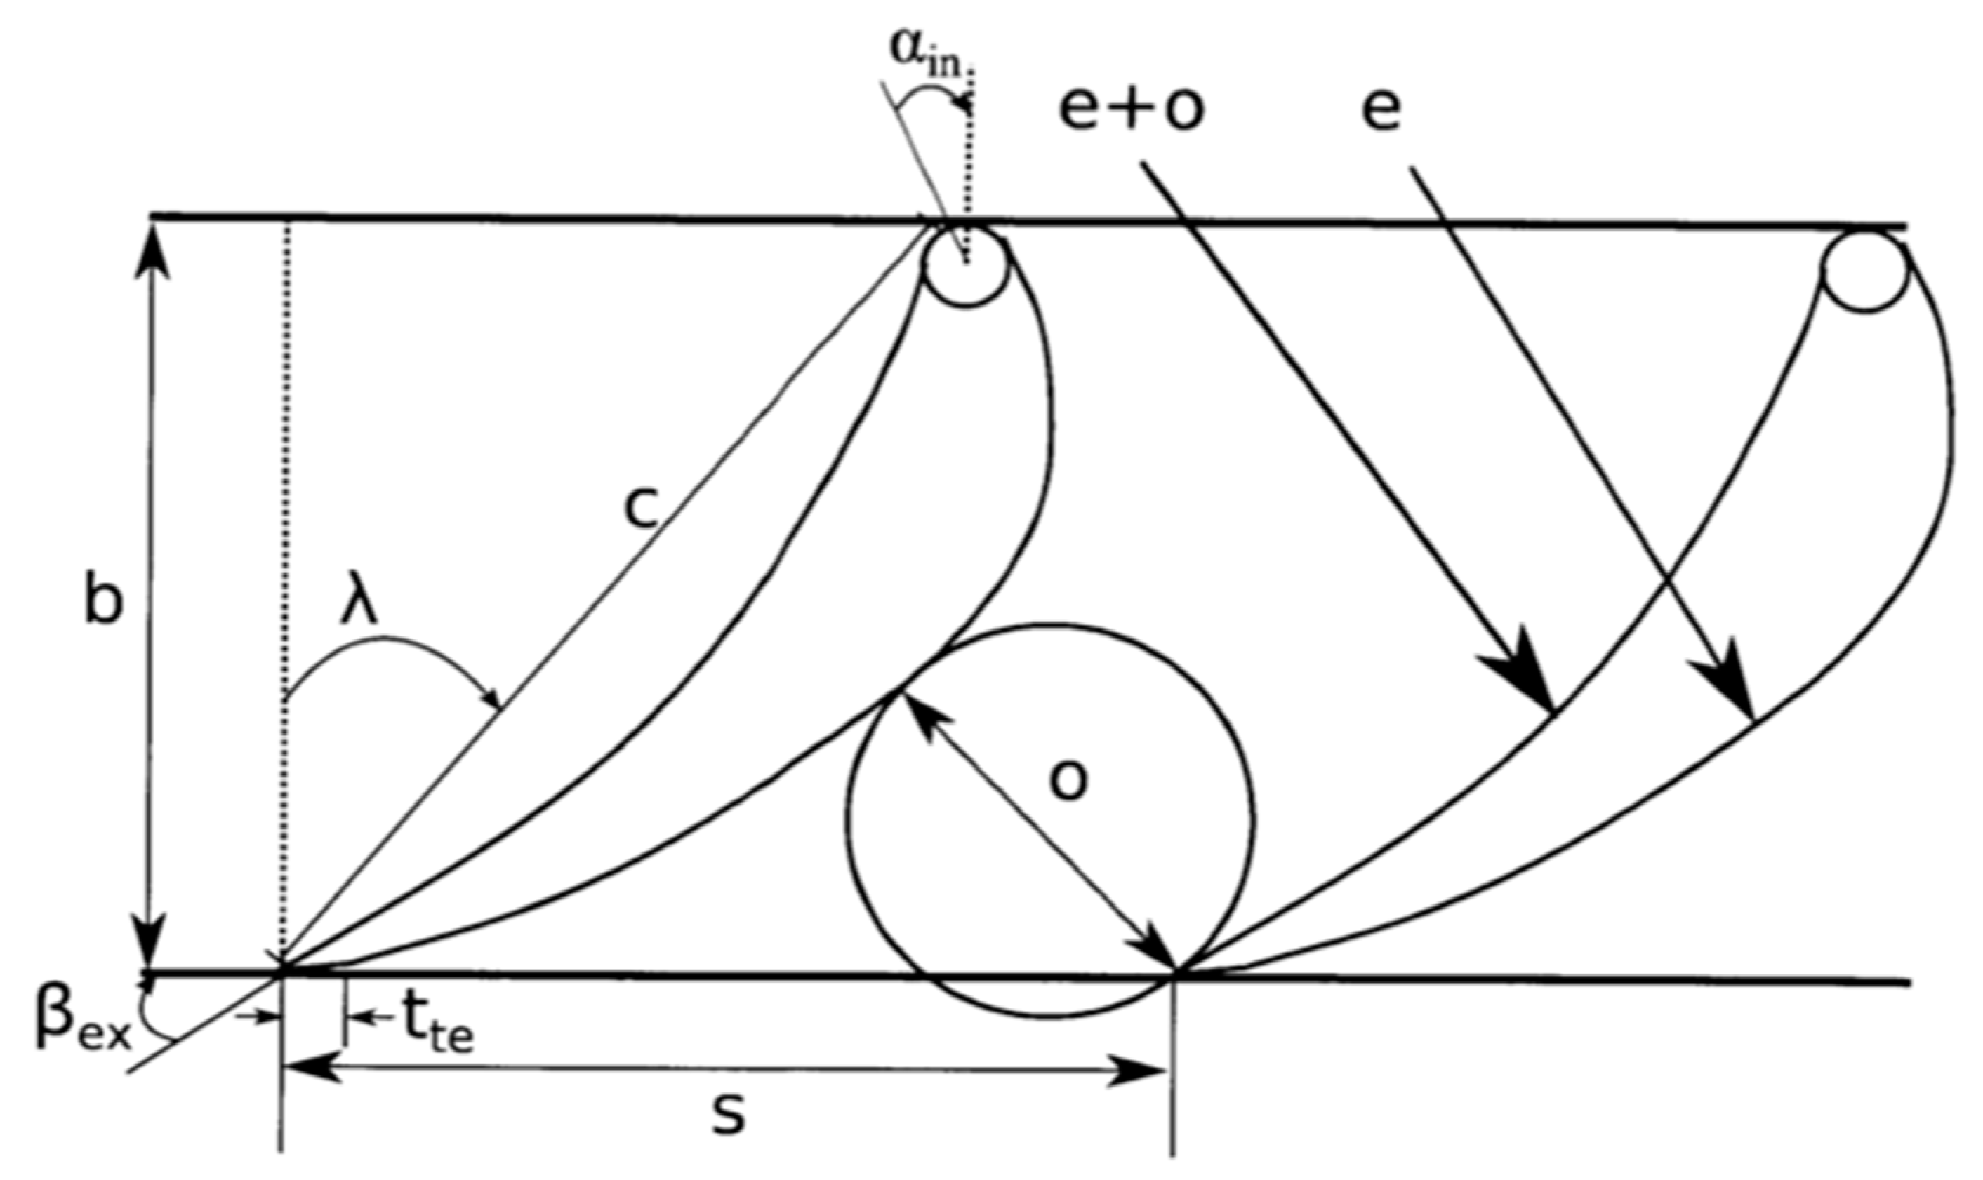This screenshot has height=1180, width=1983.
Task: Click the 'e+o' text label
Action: [1131, 109]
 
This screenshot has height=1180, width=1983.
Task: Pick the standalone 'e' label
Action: [1381, 109]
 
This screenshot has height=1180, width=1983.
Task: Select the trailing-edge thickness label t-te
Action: [436, 1026]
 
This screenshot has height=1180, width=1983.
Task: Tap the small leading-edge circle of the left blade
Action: [966, 264]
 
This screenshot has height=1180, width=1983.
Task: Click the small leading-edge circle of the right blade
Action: [1865, 270]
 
